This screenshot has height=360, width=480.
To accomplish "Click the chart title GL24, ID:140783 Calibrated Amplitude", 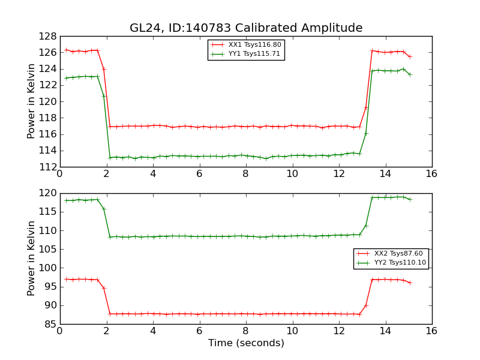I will (x=246, y=28).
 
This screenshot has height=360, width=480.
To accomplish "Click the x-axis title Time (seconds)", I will (x=246, y=343).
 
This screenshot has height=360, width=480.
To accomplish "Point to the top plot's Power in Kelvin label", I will (x=32, y=101).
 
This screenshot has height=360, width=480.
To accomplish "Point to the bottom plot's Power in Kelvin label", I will (x=32, y=258).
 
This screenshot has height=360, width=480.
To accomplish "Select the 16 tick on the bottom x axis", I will (x=431, y=331).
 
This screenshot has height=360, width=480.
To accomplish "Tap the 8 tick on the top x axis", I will (x=245, y=174).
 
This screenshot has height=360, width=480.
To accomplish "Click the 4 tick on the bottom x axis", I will (x=153, y=331).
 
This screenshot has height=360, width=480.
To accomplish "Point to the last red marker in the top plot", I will (x=410, y=56).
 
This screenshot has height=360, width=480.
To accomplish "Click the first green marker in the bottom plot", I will (x=66, y=200).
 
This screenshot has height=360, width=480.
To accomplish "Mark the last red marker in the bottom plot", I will (x=410, y=283).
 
